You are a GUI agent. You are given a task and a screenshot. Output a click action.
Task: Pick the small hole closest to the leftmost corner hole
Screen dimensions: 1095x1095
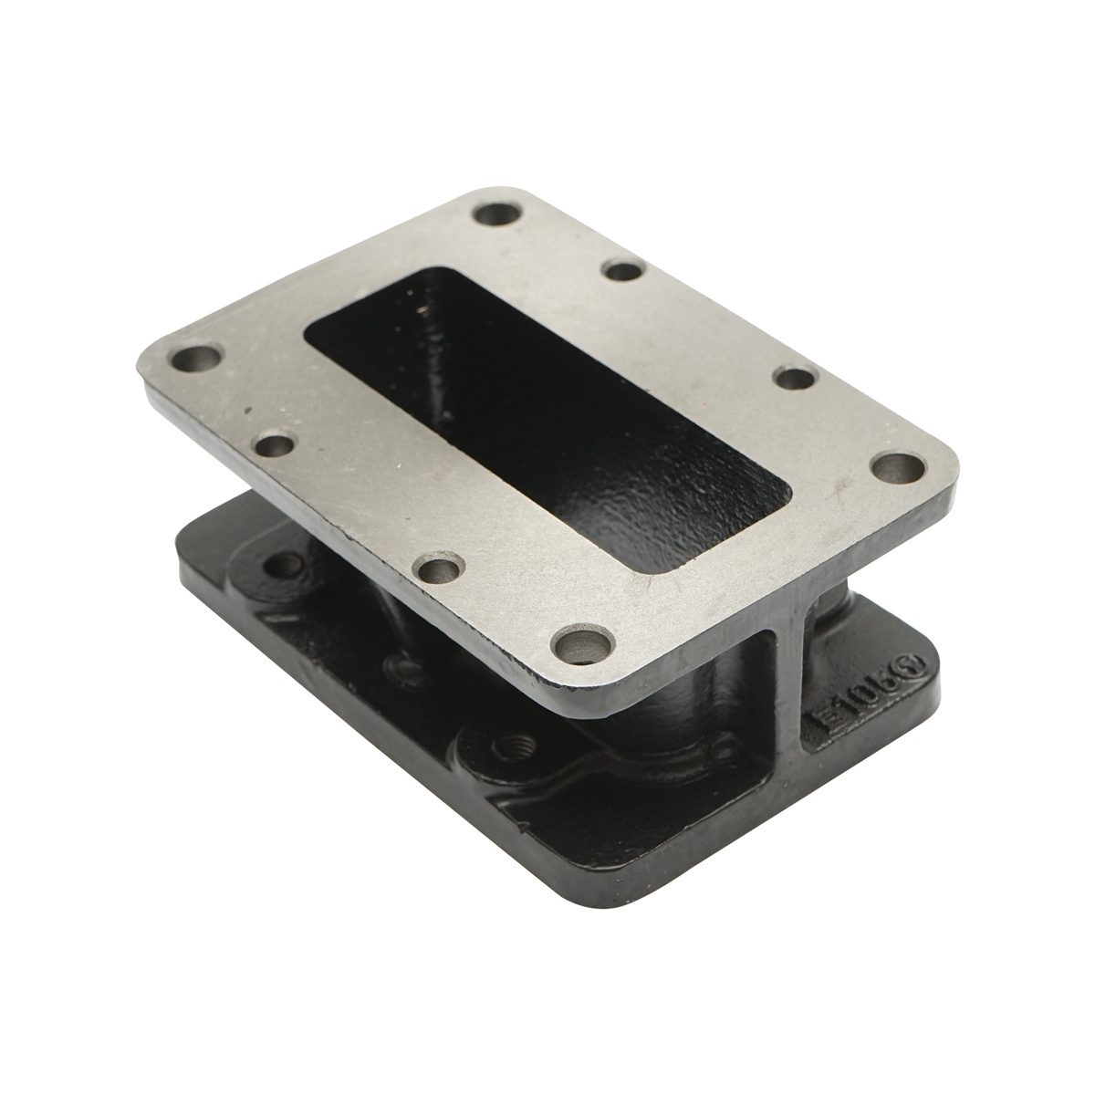point(273,446)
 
